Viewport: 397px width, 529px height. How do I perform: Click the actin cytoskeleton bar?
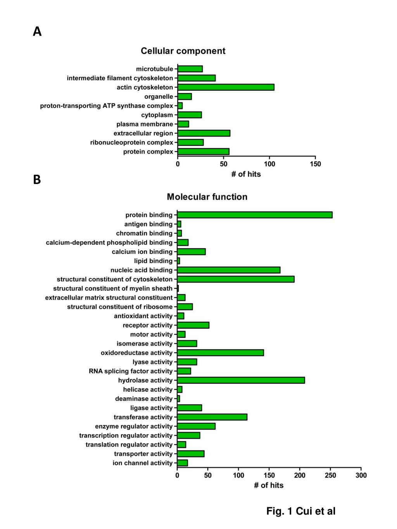click(x=226, y=87)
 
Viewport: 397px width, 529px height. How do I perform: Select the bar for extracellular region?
click(x=204, y=133)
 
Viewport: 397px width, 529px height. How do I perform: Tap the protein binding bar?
click(x=254, y=215)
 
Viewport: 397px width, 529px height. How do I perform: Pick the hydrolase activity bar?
click(x=241, y=380)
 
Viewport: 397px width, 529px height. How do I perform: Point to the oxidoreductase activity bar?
click(x=220, y=353)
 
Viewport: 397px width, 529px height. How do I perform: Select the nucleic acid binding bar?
click(x=228, y=270)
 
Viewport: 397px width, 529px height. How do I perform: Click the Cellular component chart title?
click(x=183, y=51)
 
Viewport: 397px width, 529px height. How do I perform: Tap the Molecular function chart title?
click(x=207, y=197)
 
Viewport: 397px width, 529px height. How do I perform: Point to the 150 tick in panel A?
click(x=315, y=164)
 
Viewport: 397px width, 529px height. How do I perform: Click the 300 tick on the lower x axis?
click(x=361, y=476)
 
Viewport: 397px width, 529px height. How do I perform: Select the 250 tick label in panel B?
click(x=330, y=476)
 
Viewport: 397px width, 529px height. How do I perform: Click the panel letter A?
click(x=37, y=31)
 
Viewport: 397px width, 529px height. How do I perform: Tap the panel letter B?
click(x=37, y=180)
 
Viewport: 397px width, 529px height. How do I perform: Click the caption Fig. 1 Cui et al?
click(x=301, y=511)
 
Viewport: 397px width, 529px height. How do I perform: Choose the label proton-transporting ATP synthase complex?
click(x=107, y=106)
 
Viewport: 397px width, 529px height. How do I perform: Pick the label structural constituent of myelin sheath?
click(x=113, y=288)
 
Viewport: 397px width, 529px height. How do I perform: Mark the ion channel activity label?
click(x=143, y=463)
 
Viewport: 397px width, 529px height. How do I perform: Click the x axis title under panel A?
click(x=246, y=174)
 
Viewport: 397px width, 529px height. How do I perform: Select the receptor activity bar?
click(x=193, y=325)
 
